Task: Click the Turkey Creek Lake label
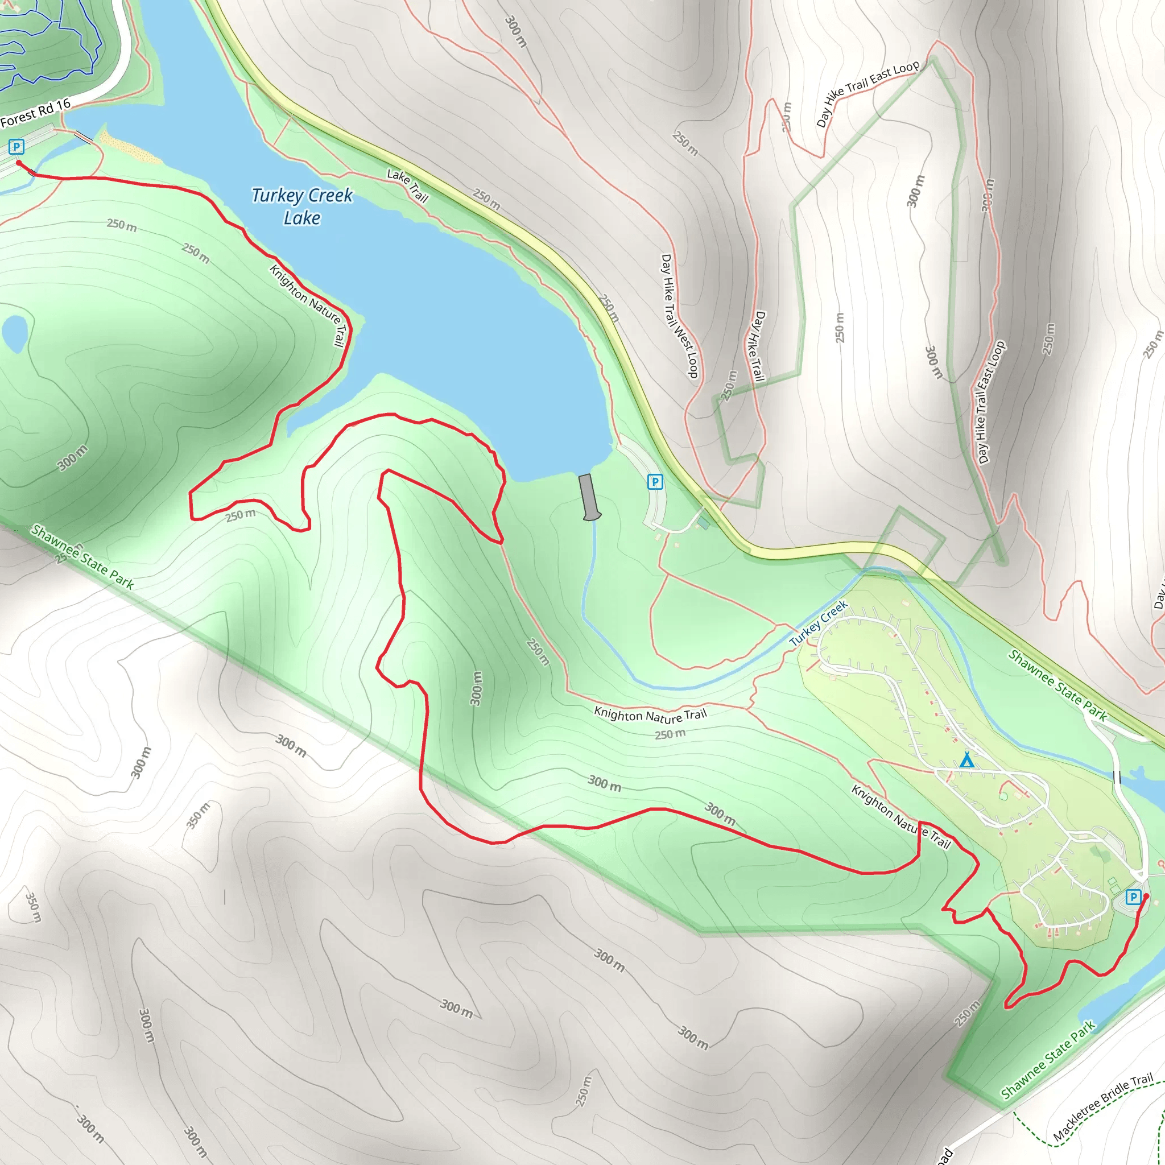[301, 206]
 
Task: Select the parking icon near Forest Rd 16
[16, 147]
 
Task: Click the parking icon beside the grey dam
[655, 482]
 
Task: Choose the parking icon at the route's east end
[1133, 897]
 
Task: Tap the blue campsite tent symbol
[966, 760]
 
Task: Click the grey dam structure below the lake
[589, 497]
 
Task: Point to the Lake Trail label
[408, 185]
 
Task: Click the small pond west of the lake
[14, 332]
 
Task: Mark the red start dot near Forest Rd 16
[19, 163]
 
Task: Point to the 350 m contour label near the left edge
[33, 907]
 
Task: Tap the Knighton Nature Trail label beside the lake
[308, 304]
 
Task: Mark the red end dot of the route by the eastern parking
[1146, 896]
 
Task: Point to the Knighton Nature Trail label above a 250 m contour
[650, 715]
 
